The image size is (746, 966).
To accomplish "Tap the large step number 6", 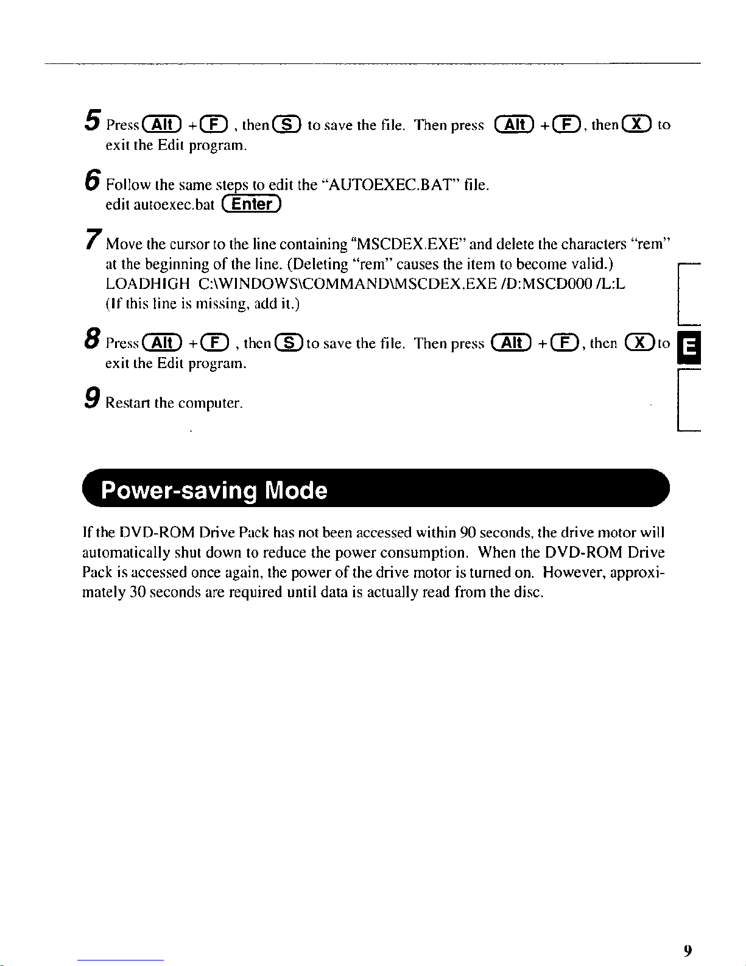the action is [x=93, y=180].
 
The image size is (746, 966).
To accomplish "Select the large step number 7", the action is [x=93, y=239].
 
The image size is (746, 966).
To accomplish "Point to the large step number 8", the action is [x=93, y=338].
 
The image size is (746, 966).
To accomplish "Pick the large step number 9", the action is [x=93, y=397].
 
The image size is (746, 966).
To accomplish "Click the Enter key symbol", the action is [x=252, y=204].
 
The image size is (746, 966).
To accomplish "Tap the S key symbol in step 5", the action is [x=287, y=124].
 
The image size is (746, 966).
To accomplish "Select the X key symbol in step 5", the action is [x=637, y=124].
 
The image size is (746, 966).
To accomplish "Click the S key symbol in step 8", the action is [x=289, y=343].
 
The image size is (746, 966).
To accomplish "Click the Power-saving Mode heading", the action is [x=214, y=491].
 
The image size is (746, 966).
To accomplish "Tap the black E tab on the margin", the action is [x=689, y=347].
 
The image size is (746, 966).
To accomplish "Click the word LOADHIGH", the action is [x=148, y=283].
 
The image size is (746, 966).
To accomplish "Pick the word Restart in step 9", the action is [x=128, y=403].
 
